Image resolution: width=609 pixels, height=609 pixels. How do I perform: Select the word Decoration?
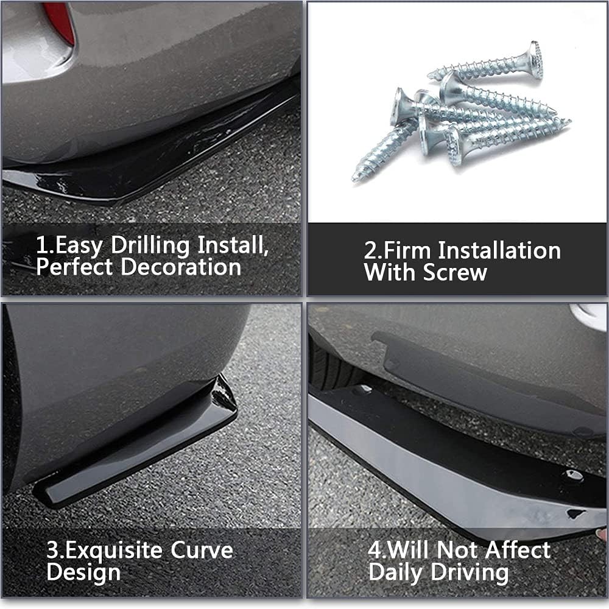pos(180,267)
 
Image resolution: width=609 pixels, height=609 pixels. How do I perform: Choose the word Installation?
pos(499,251)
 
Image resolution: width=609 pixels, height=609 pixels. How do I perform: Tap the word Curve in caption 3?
pos(202,551)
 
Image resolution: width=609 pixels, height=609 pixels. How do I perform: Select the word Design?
pos(83,572)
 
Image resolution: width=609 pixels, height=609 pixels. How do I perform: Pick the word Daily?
pos(397,572)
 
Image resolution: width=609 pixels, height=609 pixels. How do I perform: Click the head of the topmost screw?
pos(535,59)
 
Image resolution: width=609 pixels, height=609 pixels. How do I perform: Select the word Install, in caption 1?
pos(233,246)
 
